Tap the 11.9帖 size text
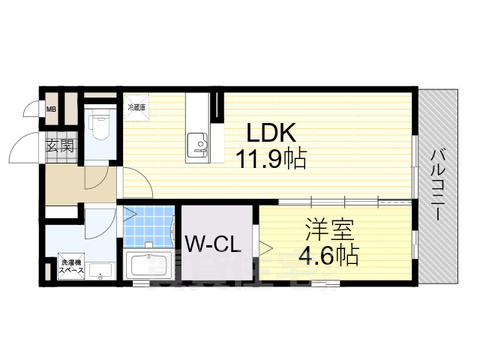(x=271, y=159)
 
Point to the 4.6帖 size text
(x=328, y=255)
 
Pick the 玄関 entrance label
(x=59, y=145)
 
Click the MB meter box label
(x=51, y=111)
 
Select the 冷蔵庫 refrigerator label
(x=136, y=107)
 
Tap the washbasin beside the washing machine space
(x=103, y=271)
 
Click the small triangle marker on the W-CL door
(x=265, y=245)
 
